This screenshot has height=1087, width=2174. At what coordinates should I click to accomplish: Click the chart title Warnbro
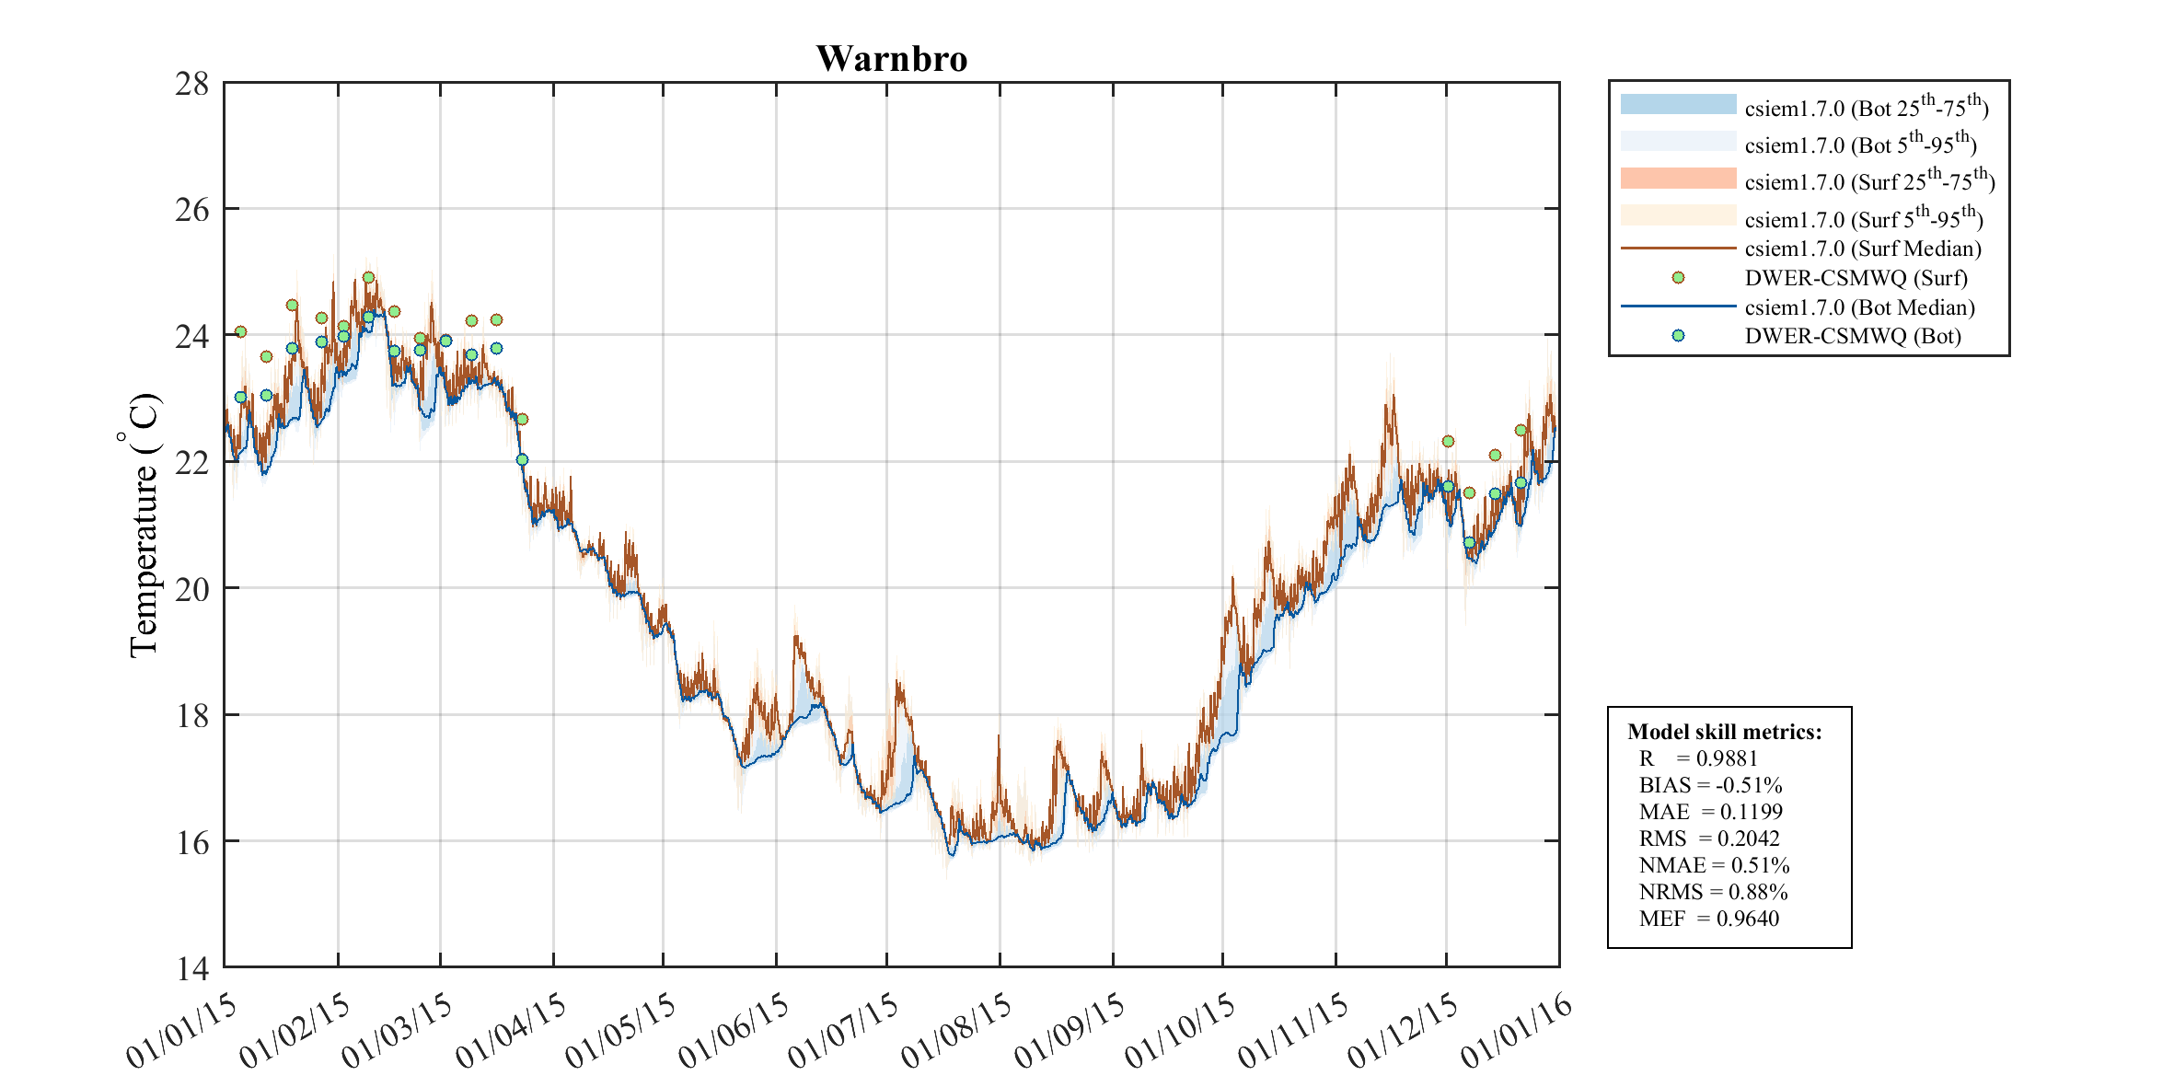pyautogui.click(x=891, y=59)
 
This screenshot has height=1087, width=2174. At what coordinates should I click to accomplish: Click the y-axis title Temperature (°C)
pyautogui.click(x=143, y=525)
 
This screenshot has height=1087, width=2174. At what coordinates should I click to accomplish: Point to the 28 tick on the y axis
pyautogui.click(x=192, y=84)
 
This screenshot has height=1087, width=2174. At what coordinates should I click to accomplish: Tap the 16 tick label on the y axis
pyautogui.click(x=192, y=842)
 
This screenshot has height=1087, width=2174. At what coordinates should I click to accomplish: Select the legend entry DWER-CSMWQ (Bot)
pyautogui.click(x=1852, y=336)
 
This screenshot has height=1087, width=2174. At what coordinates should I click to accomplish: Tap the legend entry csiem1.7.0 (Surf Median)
pyautogui.click(x=1862, y=249)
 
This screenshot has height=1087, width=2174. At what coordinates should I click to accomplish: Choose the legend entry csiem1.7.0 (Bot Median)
pyautogui.click(x=1859, y=307)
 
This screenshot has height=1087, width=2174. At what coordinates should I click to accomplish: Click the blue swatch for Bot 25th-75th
pyautogui.click(x=1678, y=104)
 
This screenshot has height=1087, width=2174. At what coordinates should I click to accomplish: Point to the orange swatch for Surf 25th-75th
pyautogui.click(x=1678, y=178)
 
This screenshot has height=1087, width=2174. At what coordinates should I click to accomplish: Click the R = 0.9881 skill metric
pyautogui.click(x=1698, y=758)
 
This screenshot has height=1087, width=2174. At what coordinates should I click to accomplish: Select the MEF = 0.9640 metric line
pyautogui.click(x=1708, y=919)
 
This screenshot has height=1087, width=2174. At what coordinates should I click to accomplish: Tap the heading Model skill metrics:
pyautogui.click(x=1724, y=732)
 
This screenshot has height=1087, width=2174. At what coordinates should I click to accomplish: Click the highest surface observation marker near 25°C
pyautogui.click(x=368, y=277)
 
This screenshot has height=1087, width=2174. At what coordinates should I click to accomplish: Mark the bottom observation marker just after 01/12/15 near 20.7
pyautogui.click(x=1469, y=542)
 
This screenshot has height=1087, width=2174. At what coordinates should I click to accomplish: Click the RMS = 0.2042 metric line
pyautogui.click(x=1709, y=838)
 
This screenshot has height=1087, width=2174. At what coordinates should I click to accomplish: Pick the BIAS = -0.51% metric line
pyautogui.click(x=1710, y=785)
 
